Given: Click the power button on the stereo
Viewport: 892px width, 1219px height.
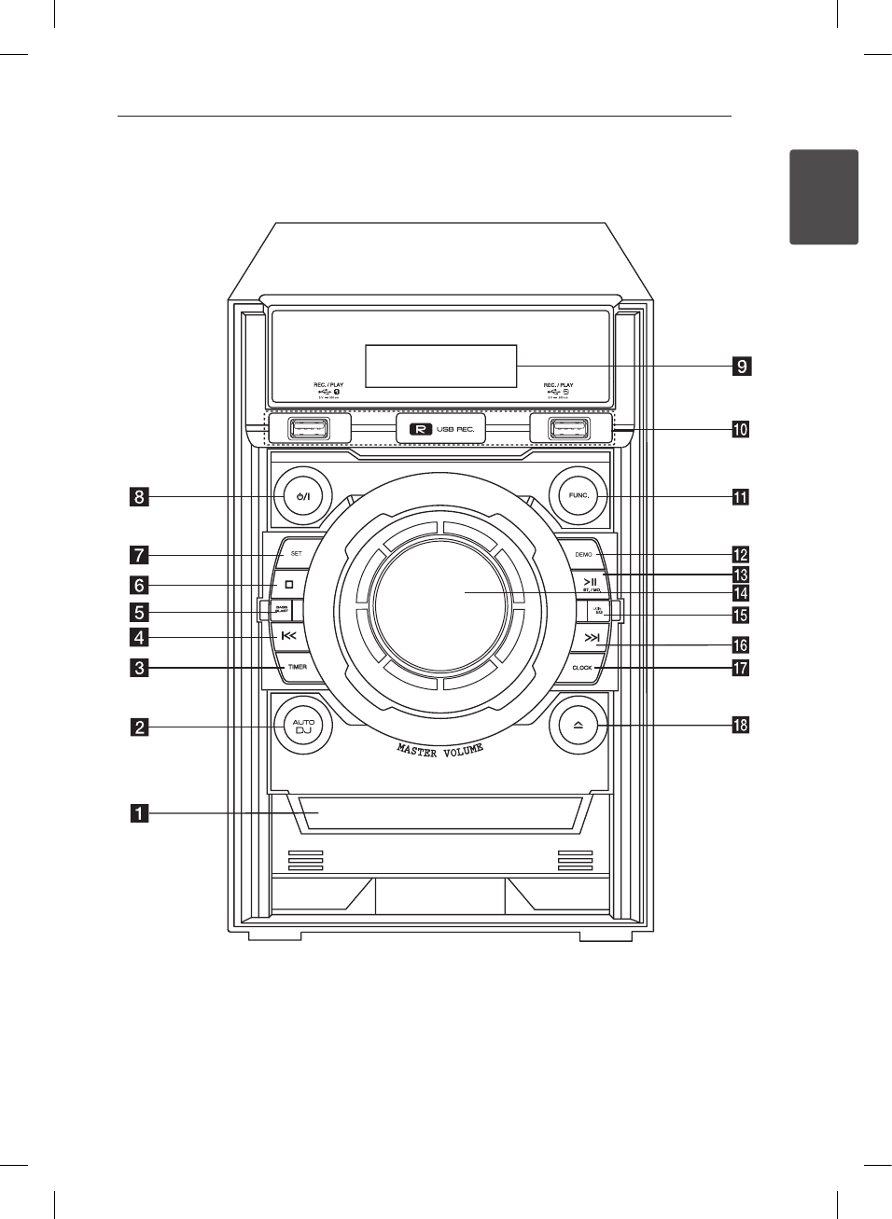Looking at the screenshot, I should pos(302,496).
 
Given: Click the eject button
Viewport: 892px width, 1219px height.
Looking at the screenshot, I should pos(578,726).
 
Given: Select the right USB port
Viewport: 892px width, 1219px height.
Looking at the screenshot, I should pos(568,429).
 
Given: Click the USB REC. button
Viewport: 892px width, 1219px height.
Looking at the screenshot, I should pos(441,429).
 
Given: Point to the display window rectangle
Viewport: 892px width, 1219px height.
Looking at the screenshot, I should pos(440,366).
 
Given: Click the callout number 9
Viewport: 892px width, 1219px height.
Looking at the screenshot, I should pos(741,367).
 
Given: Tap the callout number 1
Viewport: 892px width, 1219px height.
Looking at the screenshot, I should pos(138,814).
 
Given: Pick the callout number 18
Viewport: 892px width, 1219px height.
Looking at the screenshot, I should pos(741,725).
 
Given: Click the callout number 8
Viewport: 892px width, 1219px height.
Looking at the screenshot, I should pos(138,496).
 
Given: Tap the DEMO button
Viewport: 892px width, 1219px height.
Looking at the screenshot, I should pos(584,555).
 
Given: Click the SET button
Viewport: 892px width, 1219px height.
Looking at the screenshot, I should pos(296,554).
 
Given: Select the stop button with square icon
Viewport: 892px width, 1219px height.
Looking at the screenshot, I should pos(289,585).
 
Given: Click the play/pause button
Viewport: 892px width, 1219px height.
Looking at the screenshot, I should pos(591,584).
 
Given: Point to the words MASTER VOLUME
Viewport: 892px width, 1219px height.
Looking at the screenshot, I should pos(440,749).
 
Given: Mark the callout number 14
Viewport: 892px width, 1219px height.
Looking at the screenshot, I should pos(741,593).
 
